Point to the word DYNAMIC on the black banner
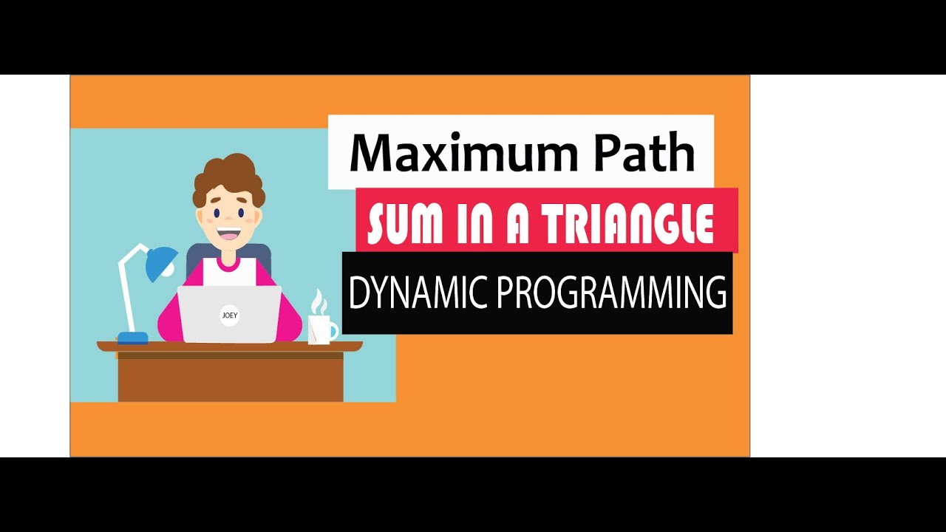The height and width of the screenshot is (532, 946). (x=417, y=293)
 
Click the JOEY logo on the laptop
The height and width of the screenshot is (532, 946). (x=230, y=315)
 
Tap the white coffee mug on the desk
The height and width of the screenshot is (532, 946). (x=319, y=330)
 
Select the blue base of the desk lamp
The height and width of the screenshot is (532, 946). (x=132, y=338)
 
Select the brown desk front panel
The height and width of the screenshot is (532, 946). (x=230, y=381)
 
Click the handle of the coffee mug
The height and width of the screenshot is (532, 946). (x=334, y=330)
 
